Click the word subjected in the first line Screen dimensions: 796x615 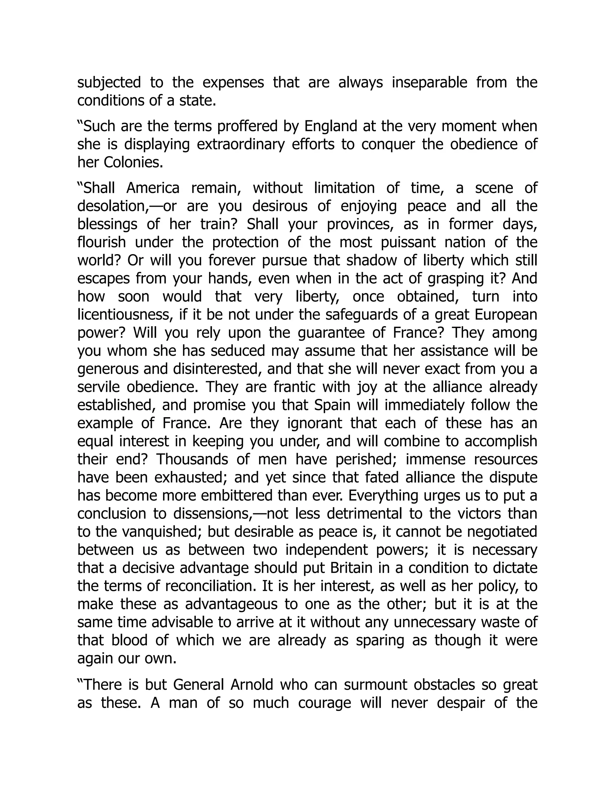click(109, 83)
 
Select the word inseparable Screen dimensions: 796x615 click(429, 83)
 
